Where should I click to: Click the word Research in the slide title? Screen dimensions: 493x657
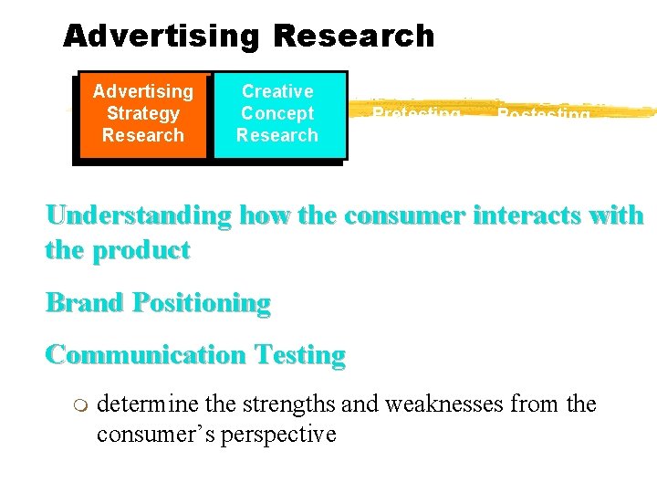(353, 36)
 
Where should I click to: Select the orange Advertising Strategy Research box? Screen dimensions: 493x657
(142, 114)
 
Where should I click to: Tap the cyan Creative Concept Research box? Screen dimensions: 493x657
(277, 114)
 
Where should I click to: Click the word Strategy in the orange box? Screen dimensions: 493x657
(142, 113)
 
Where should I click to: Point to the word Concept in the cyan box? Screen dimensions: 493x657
(277, 113)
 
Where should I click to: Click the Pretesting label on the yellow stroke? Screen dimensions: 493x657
(416, 114)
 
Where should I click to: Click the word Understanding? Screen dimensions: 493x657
(138, 216)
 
